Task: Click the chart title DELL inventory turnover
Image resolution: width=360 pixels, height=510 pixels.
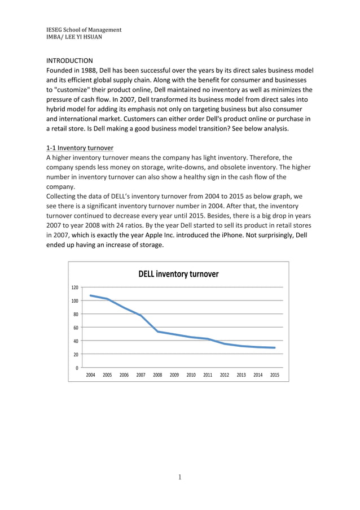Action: pyautogui.click(x=178, y=274)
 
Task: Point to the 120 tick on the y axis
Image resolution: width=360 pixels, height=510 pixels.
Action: pyautogui.click(x=74, y=287)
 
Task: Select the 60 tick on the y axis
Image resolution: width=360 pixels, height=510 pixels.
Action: pyautogui.click(x=75, y=328)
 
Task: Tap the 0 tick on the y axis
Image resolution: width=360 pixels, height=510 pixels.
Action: pyautogui.click(x=77, y=368)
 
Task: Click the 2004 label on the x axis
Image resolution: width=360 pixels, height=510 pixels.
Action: pyautogui.click(x=90, y=375)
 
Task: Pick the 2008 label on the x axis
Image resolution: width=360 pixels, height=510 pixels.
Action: pyautogui.click(x=157, y=375)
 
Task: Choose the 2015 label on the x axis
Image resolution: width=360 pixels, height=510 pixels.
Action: pyautogui.click(x=275, y=375)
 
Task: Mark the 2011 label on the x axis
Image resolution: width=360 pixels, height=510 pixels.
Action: pyautogui.click(x=208, y=375)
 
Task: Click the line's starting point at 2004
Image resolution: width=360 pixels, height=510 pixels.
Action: pyautogui.click(x=90, y=295)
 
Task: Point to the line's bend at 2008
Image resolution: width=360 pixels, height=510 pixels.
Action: pyautogui.click(x=157, y=332)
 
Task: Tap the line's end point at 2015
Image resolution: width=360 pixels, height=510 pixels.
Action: pyautogui.click(x=275, y=348)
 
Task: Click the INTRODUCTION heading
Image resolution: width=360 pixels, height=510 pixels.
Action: pyautogui.click(x=69, y=60)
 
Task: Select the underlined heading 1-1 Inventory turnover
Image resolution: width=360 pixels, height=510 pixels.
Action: pyautogui.click(x=80, y=148)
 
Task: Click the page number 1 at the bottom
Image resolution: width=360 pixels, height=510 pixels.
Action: pyautogui.click(x=179, y=477)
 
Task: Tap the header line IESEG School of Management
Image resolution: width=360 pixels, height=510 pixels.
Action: pyautogui.click(x=84, y=29)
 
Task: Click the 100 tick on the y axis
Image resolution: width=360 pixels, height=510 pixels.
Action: pyautogui.click(x=74, y=301)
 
